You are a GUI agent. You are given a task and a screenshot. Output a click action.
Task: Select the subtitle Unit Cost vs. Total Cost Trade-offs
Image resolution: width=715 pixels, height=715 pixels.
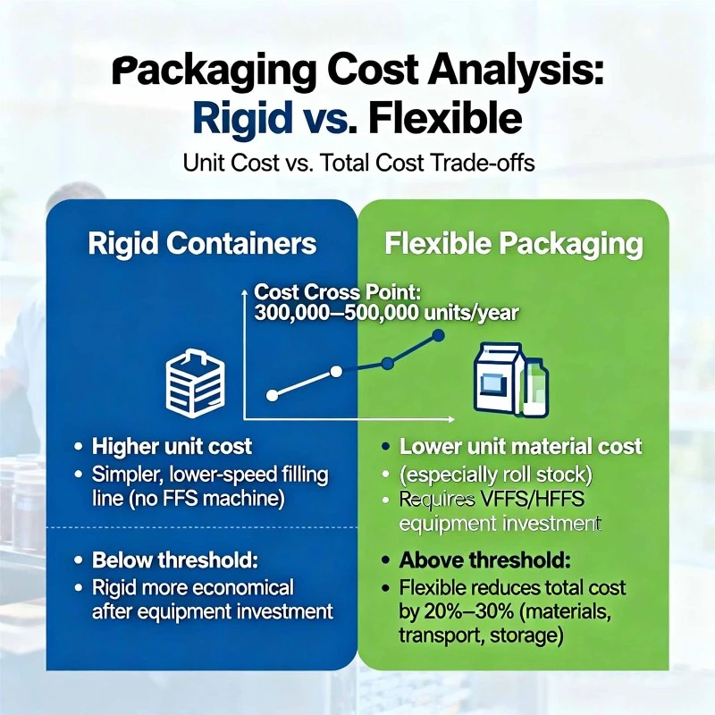(x=358, y=163)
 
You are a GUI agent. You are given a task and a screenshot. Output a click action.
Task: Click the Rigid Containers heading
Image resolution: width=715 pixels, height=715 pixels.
(x=202, y=243)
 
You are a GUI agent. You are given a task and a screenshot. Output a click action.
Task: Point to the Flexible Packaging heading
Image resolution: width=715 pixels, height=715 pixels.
(x=513, y=244)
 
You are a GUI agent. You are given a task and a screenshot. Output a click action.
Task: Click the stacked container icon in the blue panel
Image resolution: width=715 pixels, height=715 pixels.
(x=196, y=383)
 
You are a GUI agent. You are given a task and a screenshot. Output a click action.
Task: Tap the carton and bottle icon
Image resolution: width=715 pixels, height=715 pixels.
(x=510, y=379)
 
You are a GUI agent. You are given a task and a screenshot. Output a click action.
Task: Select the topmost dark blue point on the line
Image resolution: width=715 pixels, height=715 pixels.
(x=438, y=336)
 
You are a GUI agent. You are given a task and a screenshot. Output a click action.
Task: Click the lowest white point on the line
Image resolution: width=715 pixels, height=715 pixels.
(x=272, y=395)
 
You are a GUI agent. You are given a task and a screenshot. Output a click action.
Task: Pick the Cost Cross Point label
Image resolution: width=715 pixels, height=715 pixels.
(x=338, y=292)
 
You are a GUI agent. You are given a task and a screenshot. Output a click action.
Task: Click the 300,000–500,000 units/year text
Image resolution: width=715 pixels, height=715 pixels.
(x=386, y=314)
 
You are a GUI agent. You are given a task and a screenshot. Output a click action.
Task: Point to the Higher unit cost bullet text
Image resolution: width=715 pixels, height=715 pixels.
(x=172, y=446)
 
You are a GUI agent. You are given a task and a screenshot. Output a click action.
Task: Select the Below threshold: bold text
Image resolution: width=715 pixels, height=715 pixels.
(x=174, y=560)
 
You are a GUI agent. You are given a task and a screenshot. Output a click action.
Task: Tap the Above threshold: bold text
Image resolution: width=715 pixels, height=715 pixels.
(x=484, y=560)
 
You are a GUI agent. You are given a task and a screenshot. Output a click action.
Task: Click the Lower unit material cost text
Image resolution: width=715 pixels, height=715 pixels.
(x=521, y=446)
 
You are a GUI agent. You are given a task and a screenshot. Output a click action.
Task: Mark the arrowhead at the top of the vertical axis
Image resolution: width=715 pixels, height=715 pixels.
(x=245, y=290)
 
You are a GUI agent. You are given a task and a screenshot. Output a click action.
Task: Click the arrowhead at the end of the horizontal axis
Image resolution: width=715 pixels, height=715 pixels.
(x=451, y=419)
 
